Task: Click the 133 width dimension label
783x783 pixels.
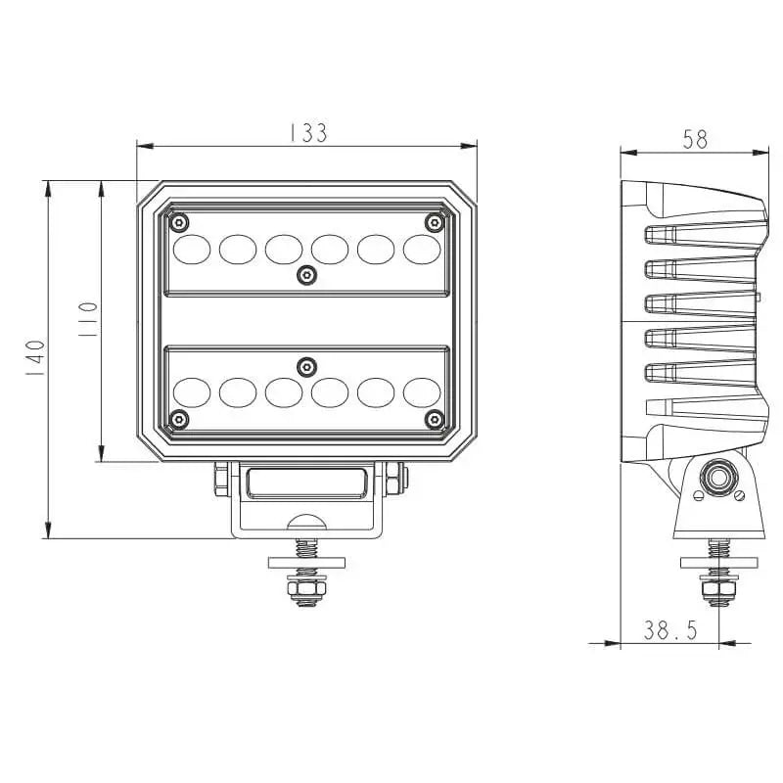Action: tap(307, 132)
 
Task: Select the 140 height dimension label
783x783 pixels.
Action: tap(34, 359)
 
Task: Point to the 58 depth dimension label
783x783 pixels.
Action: tap(695, 139)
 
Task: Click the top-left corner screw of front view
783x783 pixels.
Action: tap(178, 222)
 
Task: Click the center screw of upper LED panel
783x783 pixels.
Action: tap(306, 275)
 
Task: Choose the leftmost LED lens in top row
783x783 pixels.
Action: tap(191, 249)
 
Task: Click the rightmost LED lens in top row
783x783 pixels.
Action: tap(422, 249)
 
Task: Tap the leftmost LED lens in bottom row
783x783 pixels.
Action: tap(191, 391)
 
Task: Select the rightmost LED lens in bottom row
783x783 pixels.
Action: tap(422, 391)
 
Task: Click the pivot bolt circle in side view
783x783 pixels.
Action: tap(720, 479)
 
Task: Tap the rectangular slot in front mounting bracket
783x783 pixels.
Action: tap(306, 484)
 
